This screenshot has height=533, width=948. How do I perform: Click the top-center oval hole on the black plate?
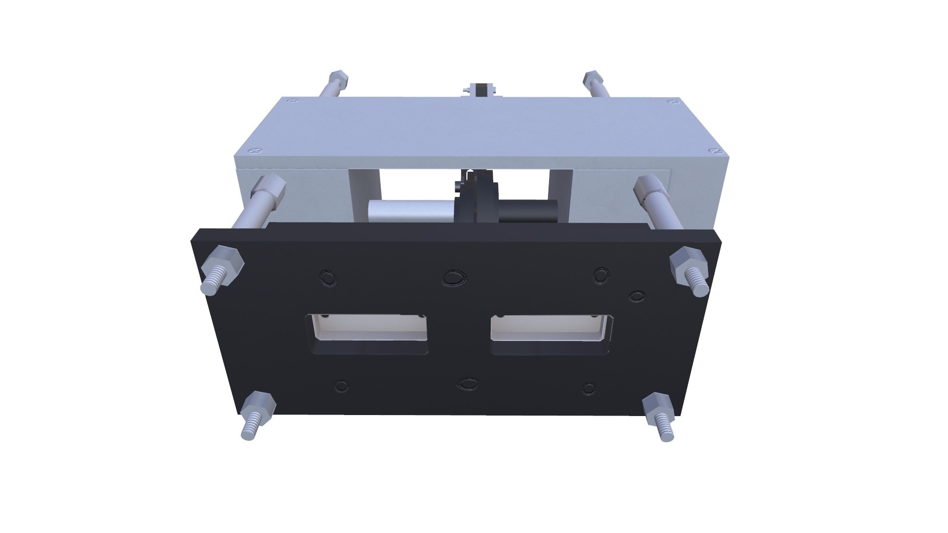tap(453, 278)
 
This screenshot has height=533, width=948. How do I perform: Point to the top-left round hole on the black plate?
tap(328, 277)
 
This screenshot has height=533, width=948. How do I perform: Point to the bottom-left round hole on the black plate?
tap(341, 386)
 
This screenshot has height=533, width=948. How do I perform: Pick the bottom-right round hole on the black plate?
tap(589, 388)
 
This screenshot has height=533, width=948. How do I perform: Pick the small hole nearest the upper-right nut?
tap(637, 296)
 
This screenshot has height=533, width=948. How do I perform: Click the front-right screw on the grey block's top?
tap(714, 150)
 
